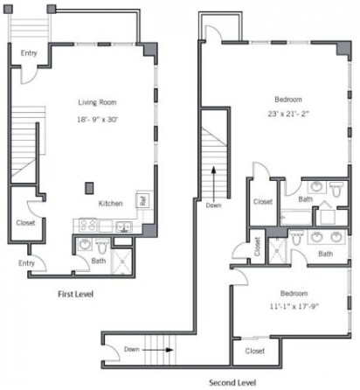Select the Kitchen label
tap(110, 203)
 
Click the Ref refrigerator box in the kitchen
tap(143, 199)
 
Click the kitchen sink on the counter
tap(123, 226)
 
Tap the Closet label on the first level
tap(25, 223)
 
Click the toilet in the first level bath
tap(101, 245)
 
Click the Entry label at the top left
tap(30, 53)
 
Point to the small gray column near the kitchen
tap(88, 187)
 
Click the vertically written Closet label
tap(258, 247)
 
